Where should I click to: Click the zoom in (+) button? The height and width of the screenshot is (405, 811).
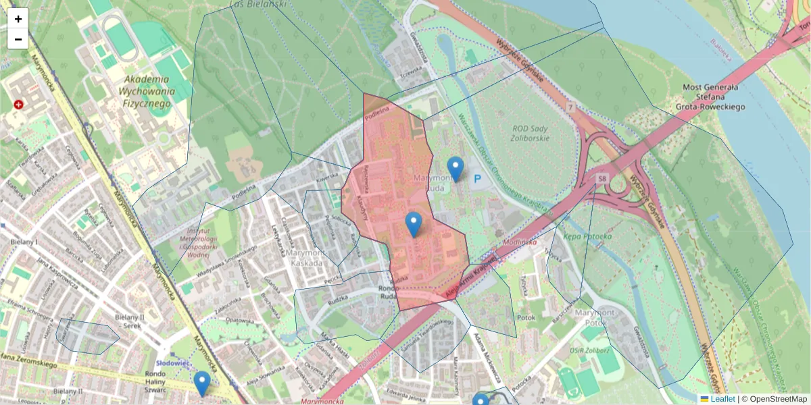[18, 19]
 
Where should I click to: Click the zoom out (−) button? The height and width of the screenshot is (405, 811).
[18, 39]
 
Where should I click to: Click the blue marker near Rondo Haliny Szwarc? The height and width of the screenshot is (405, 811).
[201, 383]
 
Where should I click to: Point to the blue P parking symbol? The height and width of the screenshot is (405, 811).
[478, 179]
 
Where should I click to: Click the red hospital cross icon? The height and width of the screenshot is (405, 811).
[18, 105]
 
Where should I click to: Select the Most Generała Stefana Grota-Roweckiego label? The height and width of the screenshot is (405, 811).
[713, 97]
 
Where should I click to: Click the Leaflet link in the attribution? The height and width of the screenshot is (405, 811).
[722, 399]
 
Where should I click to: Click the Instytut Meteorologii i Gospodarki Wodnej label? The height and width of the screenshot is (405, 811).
[199, 243]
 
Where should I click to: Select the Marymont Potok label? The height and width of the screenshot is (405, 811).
[594, 317]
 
